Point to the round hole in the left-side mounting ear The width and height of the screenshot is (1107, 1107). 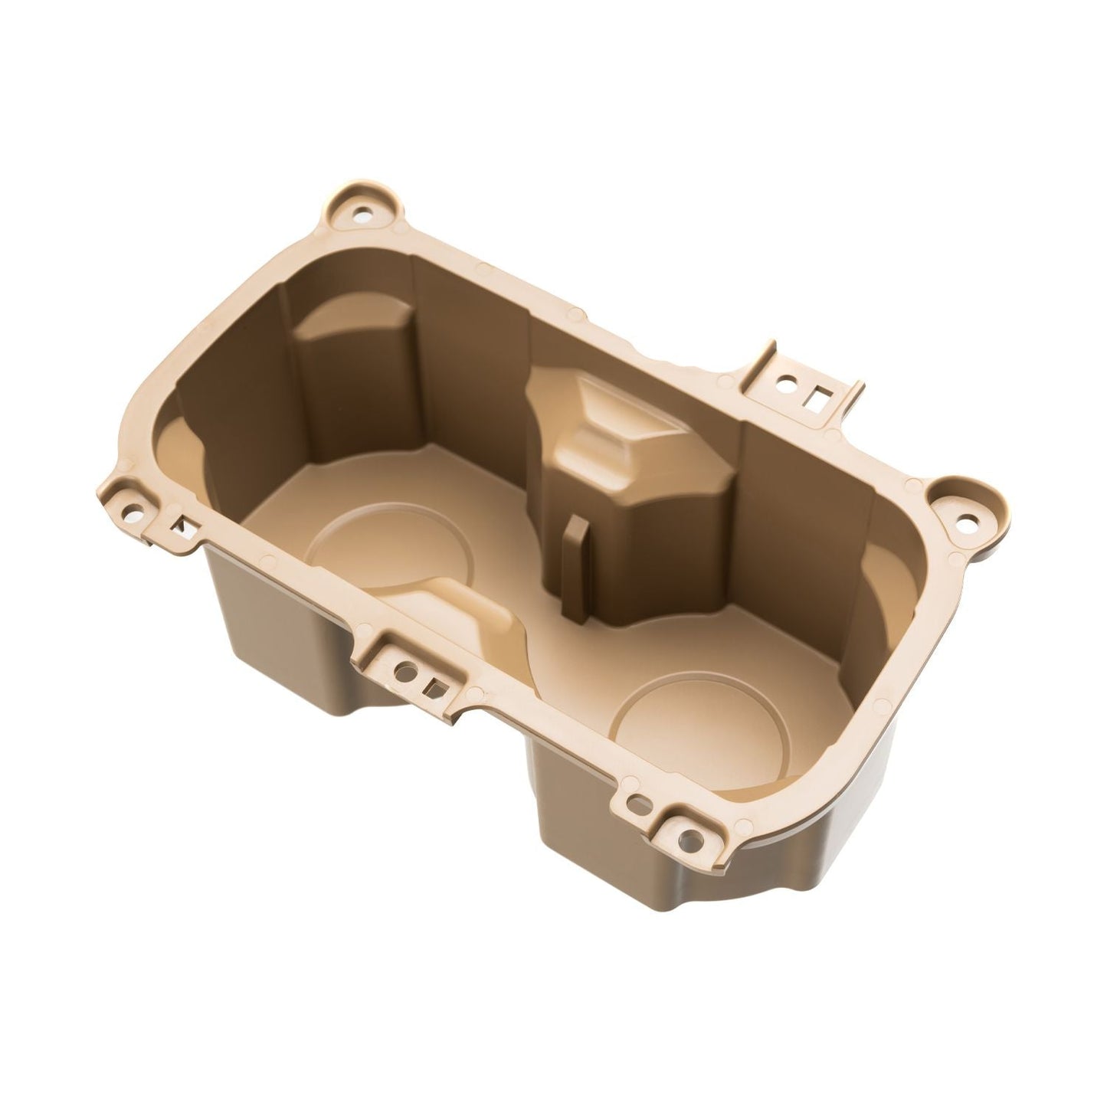pos(137,506)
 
